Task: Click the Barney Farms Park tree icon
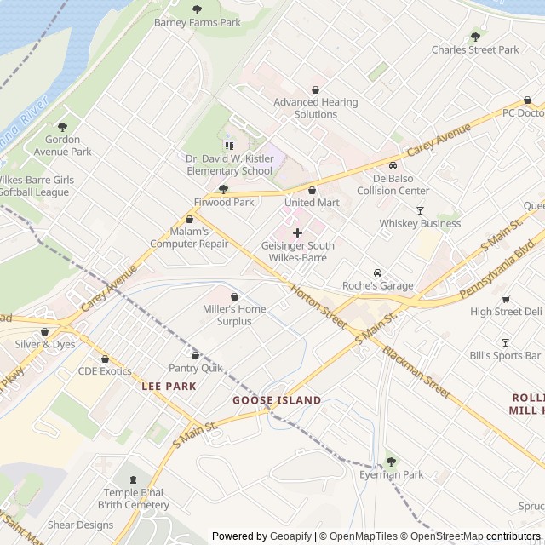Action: click(x=197, y=9)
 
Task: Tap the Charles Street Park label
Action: click(x=474, y=49)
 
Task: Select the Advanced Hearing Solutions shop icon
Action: click(x=315, y=89)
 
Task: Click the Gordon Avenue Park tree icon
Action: click(x=62, y=126)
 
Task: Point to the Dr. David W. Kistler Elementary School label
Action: click(x=229, y=164)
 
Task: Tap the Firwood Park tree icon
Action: click(x=223, y=189)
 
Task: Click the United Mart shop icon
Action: click(x=312, y=190)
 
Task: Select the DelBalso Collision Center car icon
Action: click(x=393, y=165)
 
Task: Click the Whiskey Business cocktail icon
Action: click(x=419, y=210)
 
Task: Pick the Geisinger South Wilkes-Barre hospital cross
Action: click(x=296, y=232)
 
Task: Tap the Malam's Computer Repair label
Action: click(x=189, y=238)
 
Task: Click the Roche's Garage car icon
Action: click(x=377, y=272)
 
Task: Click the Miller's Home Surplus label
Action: click(x=233, y=315)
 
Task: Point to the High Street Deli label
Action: click(x=505, y=312)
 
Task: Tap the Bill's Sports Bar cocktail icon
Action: click(x=504, y=342)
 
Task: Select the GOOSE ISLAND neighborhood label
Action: click(x=277, y=400)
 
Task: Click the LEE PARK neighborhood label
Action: click(x=169, y=386)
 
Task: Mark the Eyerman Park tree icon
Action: click(x=391, y=462)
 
